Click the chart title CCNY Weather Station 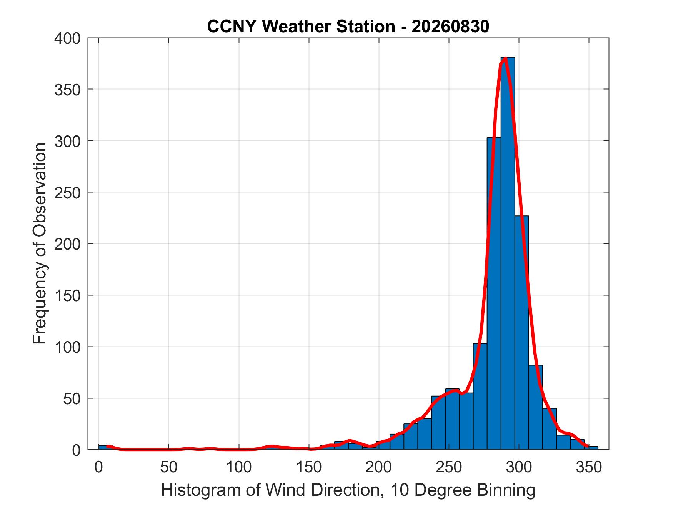click(x=301, y=27)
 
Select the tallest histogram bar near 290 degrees click(x=508, y=253)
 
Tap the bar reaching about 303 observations click(x=494, y=293)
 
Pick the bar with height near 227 click(x=521, y=332)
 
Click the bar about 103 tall click(x=480, y=396)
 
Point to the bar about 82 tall click(x=536, y=407)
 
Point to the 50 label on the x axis click(x=168, y=467)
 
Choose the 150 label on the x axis click(x=309, y=467)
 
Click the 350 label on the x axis click(x=589, y=467)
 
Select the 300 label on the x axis click(x=519, y=467)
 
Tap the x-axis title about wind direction click(x=348, y=490)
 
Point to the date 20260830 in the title click(x=450, y=27)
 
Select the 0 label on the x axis click(x=98, y=467)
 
